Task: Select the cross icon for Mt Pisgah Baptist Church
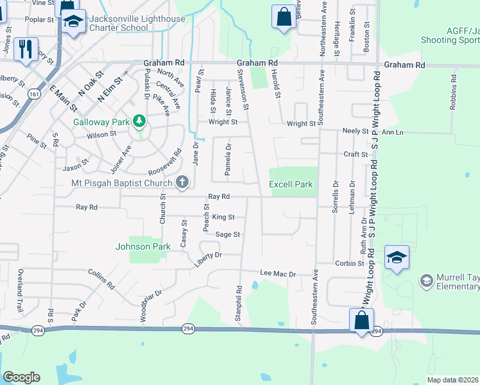(182, 183)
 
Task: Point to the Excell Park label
(291, 184)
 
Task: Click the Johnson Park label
(142, 246)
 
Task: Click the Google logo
(21, 377)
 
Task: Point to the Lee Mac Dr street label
(277, 274)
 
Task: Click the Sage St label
(228, 235)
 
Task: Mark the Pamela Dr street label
(228, 160)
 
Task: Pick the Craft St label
(355, 155)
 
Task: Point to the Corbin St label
(349, 264)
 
